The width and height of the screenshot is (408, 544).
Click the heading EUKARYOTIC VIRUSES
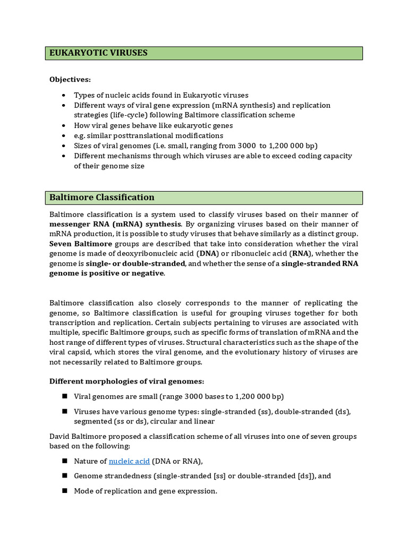tap(98, 53)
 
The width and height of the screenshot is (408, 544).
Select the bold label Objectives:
tap(70, 79)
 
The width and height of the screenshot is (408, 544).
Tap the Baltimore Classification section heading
tap(102, 198)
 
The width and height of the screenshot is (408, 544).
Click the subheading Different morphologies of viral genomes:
tap(127, 381)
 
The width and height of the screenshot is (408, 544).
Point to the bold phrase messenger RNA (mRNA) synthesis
tap(115, 224)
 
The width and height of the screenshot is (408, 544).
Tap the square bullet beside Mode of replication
tap(64, 491)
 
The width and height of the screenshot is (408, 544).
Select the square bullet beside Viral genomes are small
tap(64, 396)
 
